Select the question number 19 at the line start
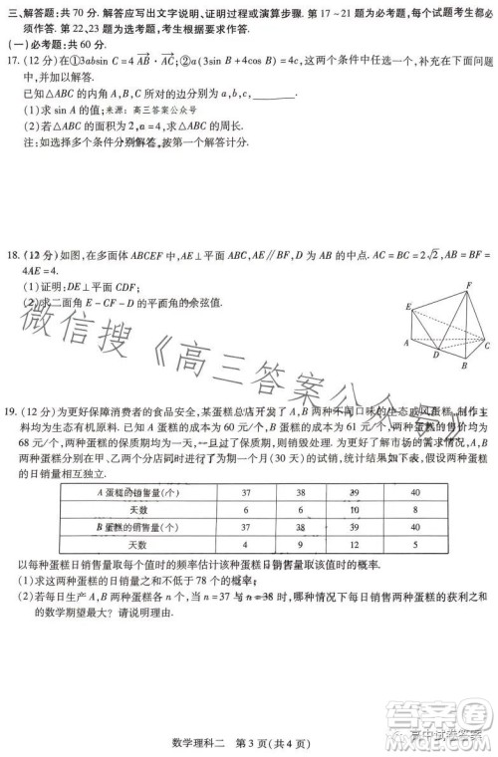pos(13,411)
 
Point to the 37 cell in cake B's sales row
pos(246,528)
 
